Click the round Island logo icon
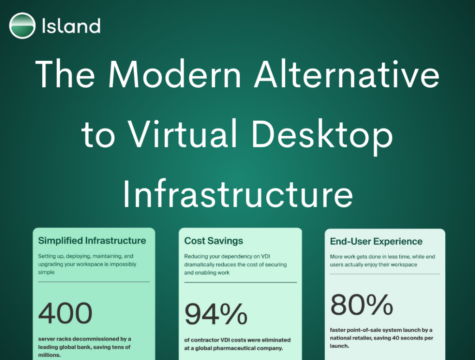coord(22,26)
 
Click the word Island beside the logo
coord(71,26)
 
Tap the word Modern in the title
coord(175,75)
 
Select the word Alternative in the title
coord(347,75)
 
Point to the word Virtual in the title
coord(182,134)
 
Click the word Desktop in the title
coord(322,137)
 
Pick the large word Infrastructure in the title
coord(238,193)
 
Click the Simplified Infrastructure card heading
coord(92,241)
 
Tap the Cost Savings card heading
coord(213,241)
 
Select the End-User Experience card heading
coord(376,241)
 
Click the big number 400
coord(65,313)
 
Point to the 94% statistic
coord(216,314)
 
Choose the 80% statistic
coord(362,304)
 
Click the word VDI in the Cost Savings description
coord(265,257)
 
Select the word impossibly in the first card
coord(123,264)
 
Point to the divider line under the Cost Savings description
coord(241,283)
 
